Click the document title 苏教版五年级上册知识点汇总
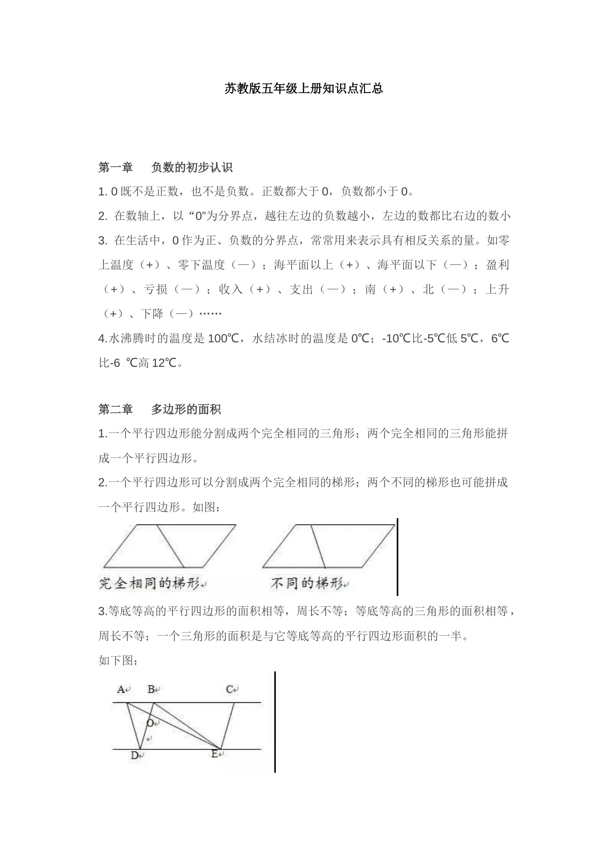pos(304,89)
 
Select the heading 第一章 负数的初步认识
pos(165,167)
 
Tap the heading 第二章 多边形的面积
pos(159,409)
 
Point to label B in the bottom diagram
pos(151,690)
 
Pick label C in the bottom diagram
pos(230,690)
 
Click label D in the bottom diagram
pos(135,755)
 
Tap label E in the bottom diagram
pos(215,754)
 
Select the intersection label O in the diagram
pos(150,723)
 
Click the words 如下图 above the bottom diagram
pos(116,661)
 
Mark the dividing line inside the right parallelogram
pos(318,546)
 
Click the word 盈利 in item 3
pos(497,265)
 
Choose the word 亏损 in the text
pos(156,289)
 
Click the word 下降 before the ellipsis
pos(152,314)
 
